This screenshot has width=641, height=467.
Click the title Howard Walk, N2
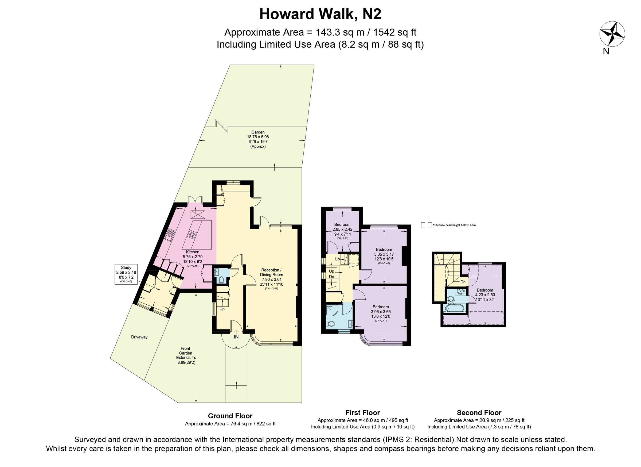(320, 14)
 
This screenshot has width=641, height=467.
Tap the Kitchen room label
(193, 252)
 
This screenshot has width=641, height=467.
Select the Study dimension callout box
(126, 274)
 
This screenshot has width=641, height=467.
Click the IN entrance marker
(236, 337)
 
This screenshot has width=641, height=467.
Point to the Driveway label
(139, 337)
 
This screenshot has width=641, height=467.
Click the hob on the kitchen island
(193, 234)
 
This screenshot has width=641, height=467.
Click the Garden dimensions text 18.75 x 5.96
(258, 137)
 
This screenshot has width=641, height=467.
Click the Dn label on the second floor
(463, 282)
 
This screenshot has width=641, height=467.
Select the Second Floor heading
(479, 413)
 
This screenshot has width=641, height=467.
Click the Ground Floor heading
(230, 416)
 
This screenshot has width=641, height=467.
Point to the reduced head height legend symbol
(426, 225)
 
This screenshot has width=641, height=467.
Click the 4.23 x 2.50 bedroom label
(485, 292)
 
